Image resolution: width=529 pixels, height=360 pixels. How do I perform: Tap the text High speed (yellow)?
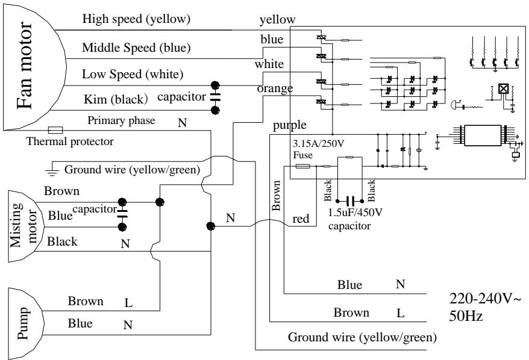pyautogui.click(x=136, y=19)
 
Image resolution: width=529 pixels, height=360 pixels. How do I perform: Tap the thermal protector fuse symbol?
pyautogui.click(x=55, y=129)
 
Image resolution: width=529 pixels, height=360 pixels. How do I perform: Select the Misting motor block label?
pyautogui.click(x=22, y=225)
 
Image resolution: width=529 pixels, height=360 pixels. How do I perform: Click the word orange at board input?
pyautogui.click(x=275, y=88)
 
